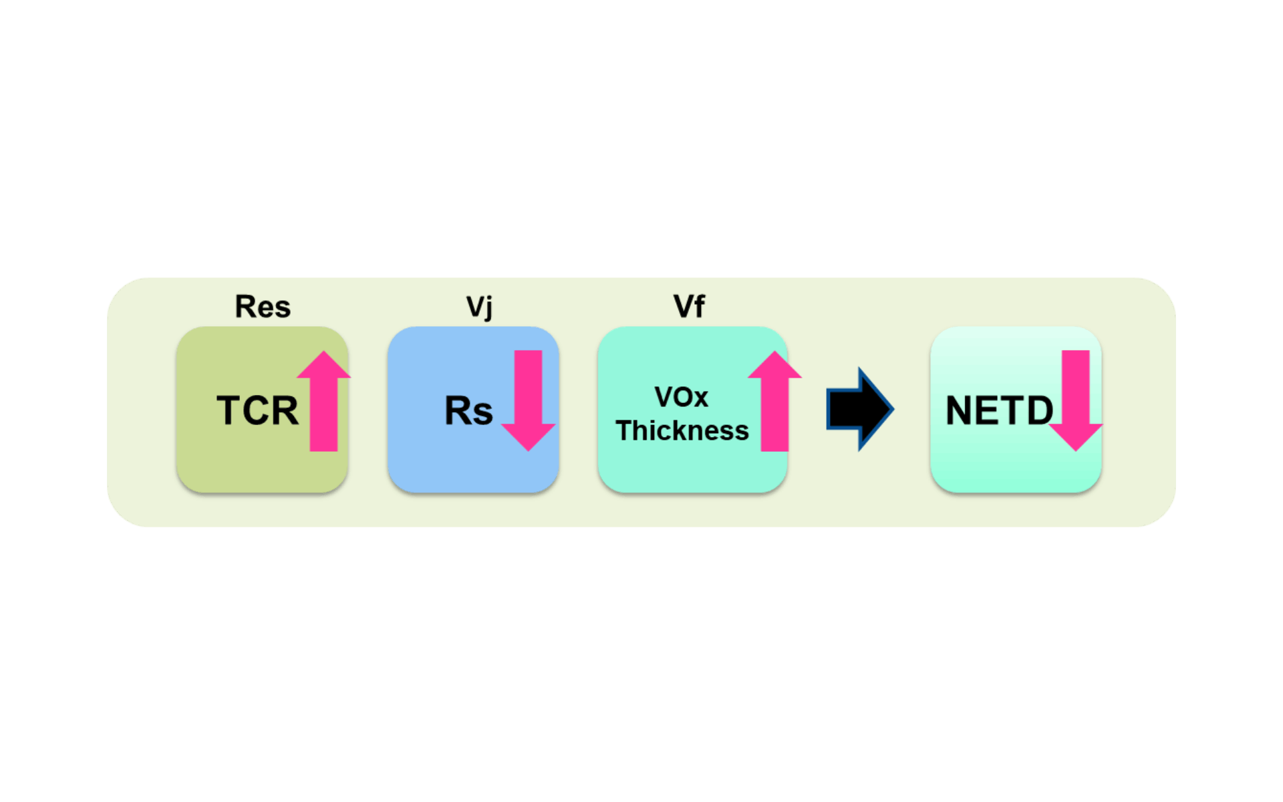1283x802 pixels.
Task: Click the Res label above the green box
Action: [263, 307]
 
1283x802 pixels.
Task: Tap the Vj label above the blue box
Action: [479, 307]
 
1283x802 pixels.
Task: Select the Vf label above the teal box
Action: [689, 307]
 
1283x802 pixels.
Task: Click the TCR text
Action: [257, 410]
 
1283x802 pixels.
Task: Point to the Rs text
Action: [468, 411]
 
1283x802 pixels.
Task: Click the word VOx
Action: [681, 397]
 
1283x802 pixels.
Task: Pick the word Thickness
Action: [682, 431]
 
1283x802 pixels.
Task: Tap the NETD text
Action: [999, 410]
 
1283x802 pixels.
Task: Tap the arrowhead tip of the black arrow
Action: [891, 409]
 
